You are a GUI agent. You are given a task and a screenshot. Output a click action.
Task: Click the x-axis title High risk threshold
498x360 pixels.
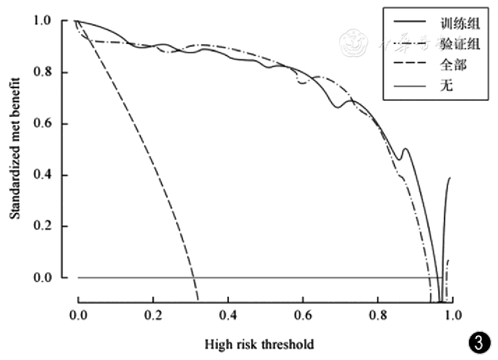point(259,345)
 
